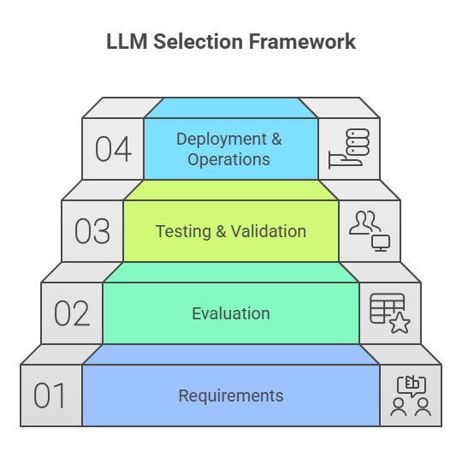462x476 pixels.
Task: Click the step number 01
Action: click(50, 396)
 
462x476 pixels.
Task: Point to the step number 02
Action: click(71, 313)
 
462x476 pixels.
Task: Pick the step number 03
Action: click(92, 231)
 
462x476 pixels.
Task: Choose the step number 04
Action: click(113, 149)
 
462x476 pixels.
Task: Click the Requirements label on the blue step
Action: click(231, 396)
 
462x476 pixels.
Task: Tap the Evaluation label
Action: click(231, 313)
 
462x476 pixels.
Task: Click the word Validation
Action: click(268, 231)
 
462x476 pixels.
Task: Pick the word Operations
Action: click(228, 159)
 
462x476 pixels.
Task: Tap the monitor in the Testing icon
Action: click(382, 242)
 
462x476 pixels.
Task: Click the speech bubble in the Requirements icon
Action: click(412, 384)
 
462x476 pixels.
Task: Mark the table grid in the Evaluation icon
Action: click(386, 307)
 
